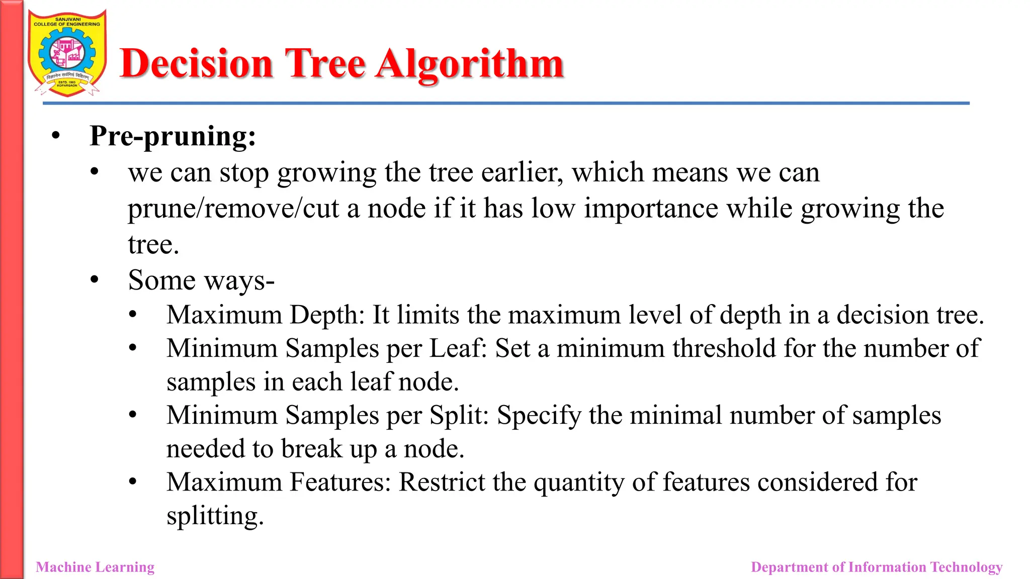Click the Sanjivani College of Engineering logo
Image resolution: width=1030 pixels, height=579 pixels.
pyautogui.click(x=67, y=53)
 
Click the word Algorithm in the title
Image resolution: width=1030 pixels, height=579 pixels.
pyautogui.click(x=470, y=64)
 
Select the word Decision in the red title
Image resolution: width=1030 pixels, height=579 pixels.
pyautogui.click(x=196, y=64)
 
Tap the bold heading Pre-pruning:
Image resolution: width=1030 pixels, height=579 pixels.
pyautogui.click(x=173, y=136)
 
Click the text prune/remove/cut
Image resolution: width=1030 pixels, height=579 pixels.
pyautogui.click(x=233, y=209)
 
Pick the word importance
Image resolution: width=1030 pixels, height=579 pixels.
pyautogui.click(x=651, y=209)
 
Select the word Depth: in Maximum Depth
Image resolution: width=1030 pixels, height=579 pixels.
pyautogui.click(x=327, y=315)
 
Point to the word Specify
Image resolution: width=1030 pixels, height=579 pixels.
pyautogui.click(x=539, y=416)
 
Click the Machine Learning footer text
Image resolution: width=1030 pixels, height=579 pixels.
pyautogui.click(x=95, y=567)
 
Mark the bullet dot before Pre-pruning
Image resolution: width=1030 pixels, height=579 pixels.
pyautogui.click(x=56, y=136)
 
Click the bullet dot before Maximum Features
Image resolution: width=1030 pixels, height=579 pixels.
pyautogui.click(x=133, y=482)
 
